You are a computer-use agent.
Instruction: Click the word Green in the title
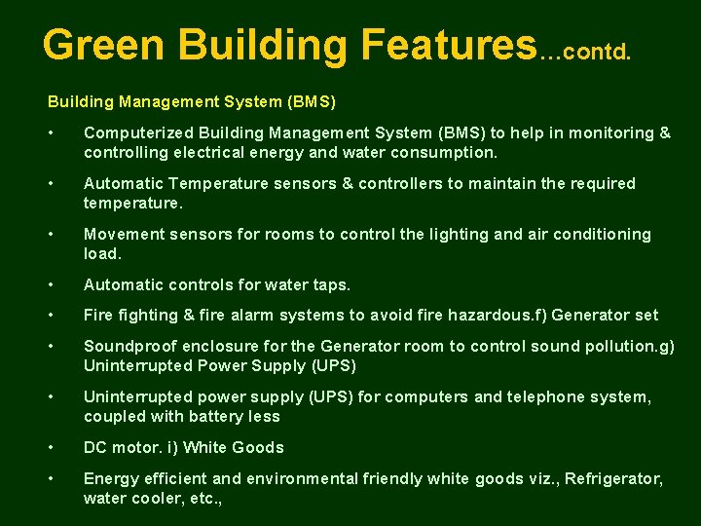coord(103,45)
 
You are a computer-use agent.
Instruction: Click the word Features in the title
coord(447,45)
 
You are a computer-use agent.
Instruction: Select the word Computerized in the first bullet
coord(137,133)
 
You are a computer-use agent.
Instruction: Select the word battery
coord(215,417)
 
